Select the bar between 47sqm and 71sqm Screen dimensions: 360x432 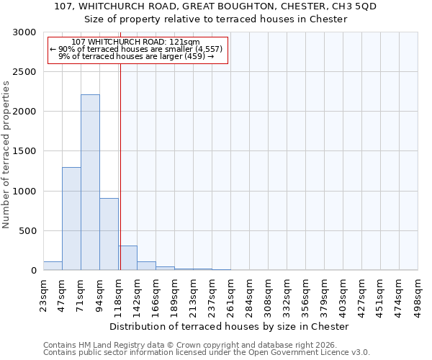pyautogui.click(x=71, y=219)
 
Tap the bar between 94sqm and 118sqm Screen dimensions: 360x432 pyautogui.click(x=109, y=234)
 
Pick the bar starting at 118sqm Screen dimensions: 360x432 pyautogui.click(x=128, y=258)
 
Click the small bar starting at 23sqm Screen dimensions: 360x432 pyautogui.click(x=53, y=266)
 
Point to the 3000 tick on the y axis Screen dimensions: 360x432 pyautogui.click(x=25, y=32)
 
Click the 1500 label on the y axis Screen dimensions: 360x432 pyautogui.click(x=25, y=152)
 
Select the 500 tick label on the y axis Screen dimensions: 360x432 pyautogui.click(x=28, y=231)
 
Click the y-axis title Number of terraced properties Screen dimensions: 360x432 pyautogui.click(x=7, y=155)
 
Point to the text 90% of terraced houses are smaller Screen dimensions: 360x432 pyautogui.click(x=136, y=49)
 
